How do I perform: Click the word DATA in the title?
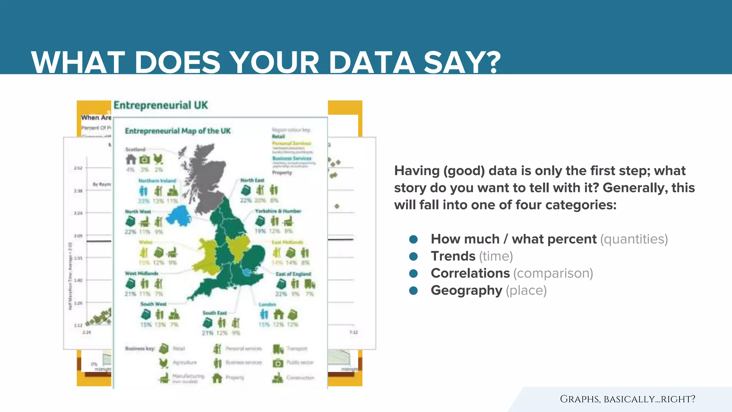click(x=372, y=63)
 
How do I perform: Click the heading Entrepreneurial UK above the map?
click(x=160, y=105)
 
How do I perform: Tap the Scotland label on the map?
click(x=135, y=149)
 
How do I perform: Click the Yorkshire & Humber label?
click(x=278, y=211)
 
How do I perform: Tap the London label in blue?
click(x=267, y=304)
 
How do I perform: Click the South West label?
click(x=153, y=304)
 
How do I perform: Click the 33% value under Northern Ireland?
click(x=143, y=201)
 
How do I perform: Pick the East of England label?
click(x=293, y=274)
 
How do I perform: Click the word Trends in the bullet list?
click(x=453, y=256)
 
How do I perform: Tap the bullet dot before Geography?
click(x=413, y=290)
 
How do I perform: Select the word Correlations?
click(x=470, y=273)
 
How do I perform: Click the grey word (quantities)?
click(x=634, y=239)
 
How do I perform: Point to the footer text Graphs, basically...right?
click(x=627, y=399)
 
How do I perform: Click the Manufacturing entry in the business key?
click(x=188, y=376)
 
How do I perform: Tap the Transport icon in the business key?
click(x=278, y=348)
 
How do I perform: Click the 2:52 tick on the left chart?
click(x=78, y=168)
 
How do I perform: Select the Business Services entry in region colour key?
click(x=292, y=158)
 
